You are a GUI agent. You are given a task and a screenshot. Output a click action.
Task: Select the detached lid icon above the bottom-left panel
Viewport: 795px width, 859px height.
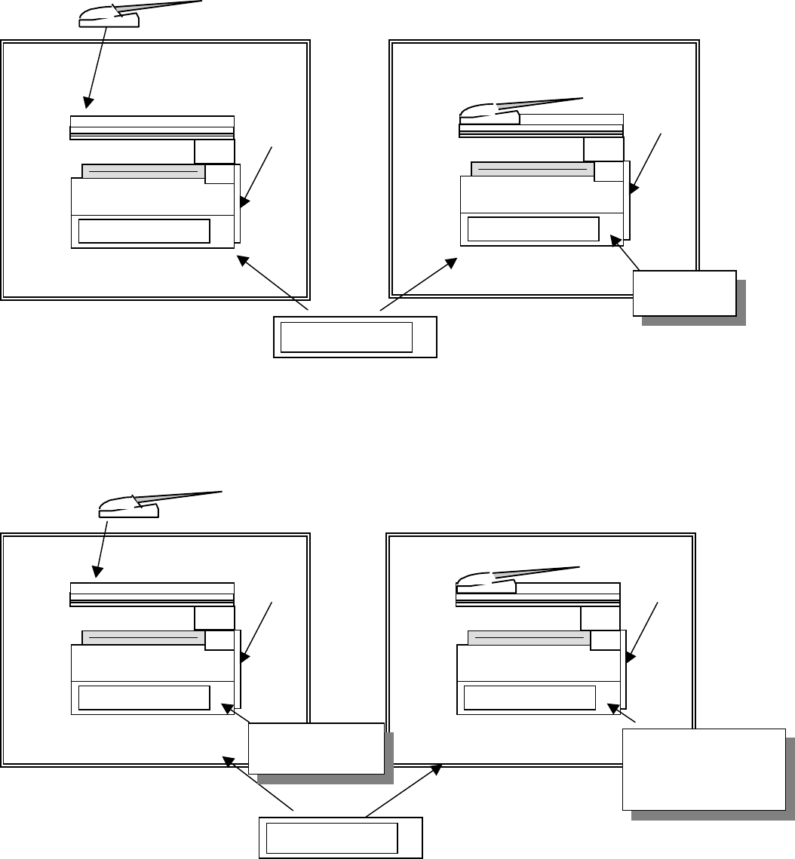click(129, 508)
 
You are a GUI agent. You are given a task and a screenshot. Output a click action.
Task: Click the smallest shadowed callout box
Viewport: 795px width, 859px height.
click(684, 292)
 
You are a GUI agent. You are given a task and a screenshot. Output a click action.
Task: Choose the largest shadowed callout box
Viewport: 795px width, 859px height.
click(703, 768)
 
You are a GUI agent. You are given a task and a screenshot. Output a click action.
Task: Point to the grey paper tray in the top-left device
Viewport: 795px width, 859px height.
click(143, 171)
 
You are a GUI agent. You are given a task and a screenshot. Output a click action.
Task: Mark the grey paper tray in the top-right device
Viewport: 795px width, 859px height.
click(533, 169)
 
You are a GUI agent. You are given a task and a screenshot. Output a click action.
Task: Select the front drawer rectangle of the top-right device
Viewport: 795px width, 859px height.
click(533, 229)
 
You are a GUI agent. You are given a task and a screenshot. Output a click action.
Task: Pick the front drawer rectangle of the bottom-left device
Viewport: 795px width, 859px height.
click(143, 698)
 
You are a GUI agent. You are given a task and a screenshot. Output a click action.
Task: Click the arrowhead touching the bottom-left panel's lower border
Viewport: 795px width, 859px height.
click(226, 761)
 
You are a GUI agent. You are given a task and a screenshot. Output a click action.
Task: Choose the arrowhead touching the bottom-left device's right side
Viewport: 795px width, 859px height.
click(244, 658)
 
